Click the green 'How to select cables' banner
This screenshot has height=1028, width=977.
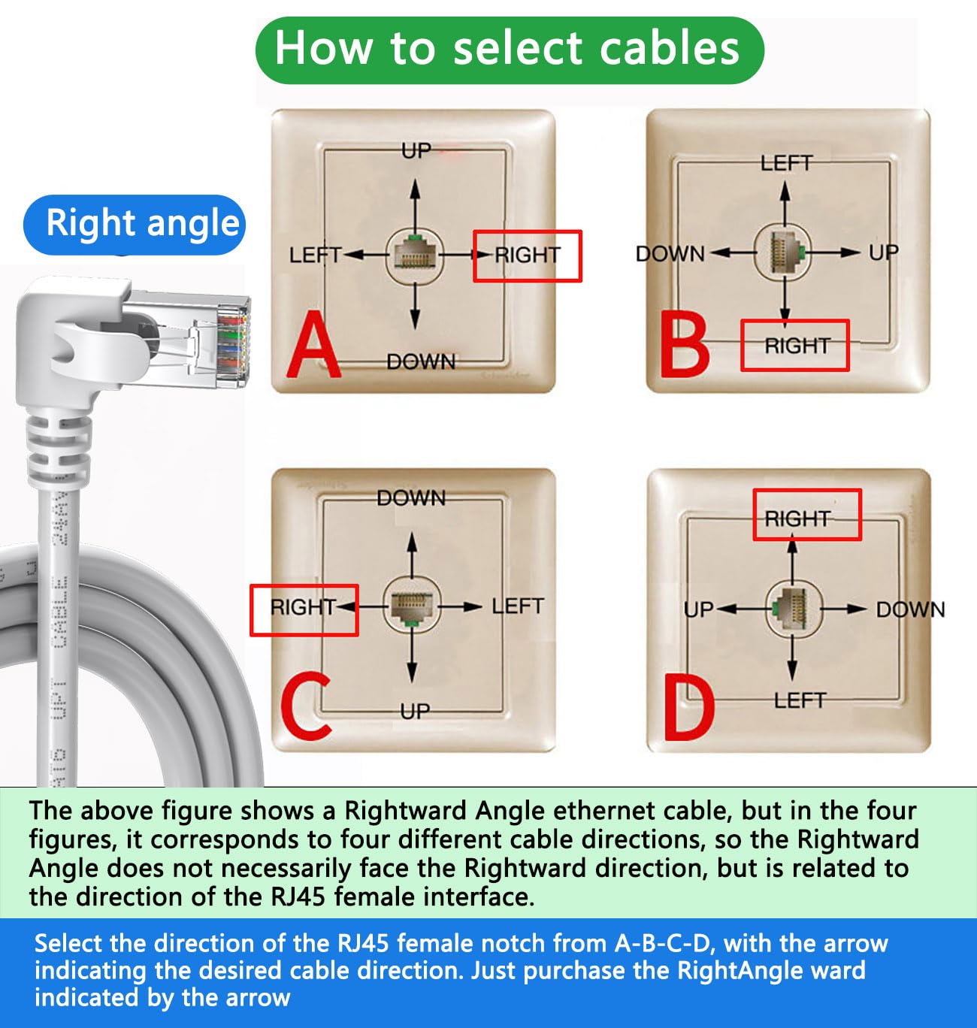(x=509, y=50)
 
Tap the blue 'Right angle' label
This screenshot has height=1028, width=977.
(x=135, y=224)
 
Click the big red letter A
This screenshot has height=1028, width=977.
(x=314, y=347)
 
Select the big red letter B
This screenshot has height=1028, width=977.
(x=684, y=346)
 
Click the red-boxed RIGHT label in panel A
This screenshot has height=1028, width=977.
(x=527, y=255)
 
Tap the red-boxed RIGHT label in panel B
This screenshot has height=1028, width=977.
(x=796, y=346)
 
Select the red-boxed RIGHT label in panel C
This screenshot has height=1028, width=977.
(x=303, y=607)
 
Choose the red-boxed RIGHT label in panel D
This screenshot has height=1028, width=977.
(x=797, y=519)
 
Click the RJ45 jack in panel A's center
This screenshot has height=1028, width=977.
(x=415, y=253)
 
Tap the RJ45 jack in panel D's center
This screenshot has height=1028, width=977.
(x=793, y=607)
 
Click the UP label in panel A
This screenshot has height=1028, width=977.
(x=416, y=152)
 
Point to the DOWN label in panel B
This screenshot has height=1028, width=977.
(x=670, y=254)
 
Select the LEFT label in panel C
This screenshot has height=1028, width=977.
(x=517, y=606)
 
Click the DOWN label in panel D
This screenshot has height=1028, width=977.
(x=910, y=609)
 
